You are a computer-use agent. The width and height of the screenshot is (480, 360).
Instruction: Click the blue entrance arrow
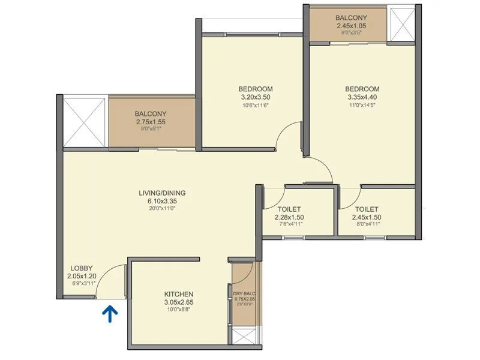110,314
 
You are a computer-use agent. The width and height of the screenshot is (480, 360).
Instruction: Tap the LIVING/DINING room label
162,193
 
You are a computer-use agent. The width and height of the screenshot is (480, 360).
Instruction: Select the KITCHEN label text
179,294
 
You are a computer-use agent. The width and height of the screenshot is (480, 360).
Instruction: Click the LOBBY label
81,268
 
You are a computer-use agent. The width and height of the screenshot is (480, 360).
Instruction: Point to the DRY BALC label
244,293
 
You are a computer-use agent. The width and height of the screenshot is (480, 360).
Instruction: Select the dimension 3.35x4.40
363,97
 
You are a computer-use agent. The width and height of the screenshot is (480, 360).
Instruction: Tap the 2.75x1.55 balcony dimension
151,122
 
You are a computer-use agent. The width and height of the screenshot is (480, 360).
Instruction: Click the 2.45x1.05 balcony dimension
350,26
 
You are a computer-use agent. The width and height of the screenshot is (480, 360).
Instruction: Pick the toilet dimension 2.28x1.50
289,217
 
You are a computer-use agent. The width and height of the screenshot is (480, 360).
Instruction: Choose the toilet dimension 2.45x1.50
367,217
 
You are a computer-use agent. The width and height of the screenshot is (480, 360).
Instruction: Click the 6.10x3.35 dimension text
162,201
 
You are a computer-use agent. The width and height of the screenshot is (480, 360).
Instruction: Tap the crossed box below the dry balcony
244,338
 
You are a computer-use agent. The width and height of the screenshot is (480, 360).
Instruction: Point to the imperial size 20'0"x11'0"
162,208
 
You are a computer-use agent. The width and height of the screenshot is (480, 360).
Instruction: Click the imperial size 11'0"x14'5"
363,105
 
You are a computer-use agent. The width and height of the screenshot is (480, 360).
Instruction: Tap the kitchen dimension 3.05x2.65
179,302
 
